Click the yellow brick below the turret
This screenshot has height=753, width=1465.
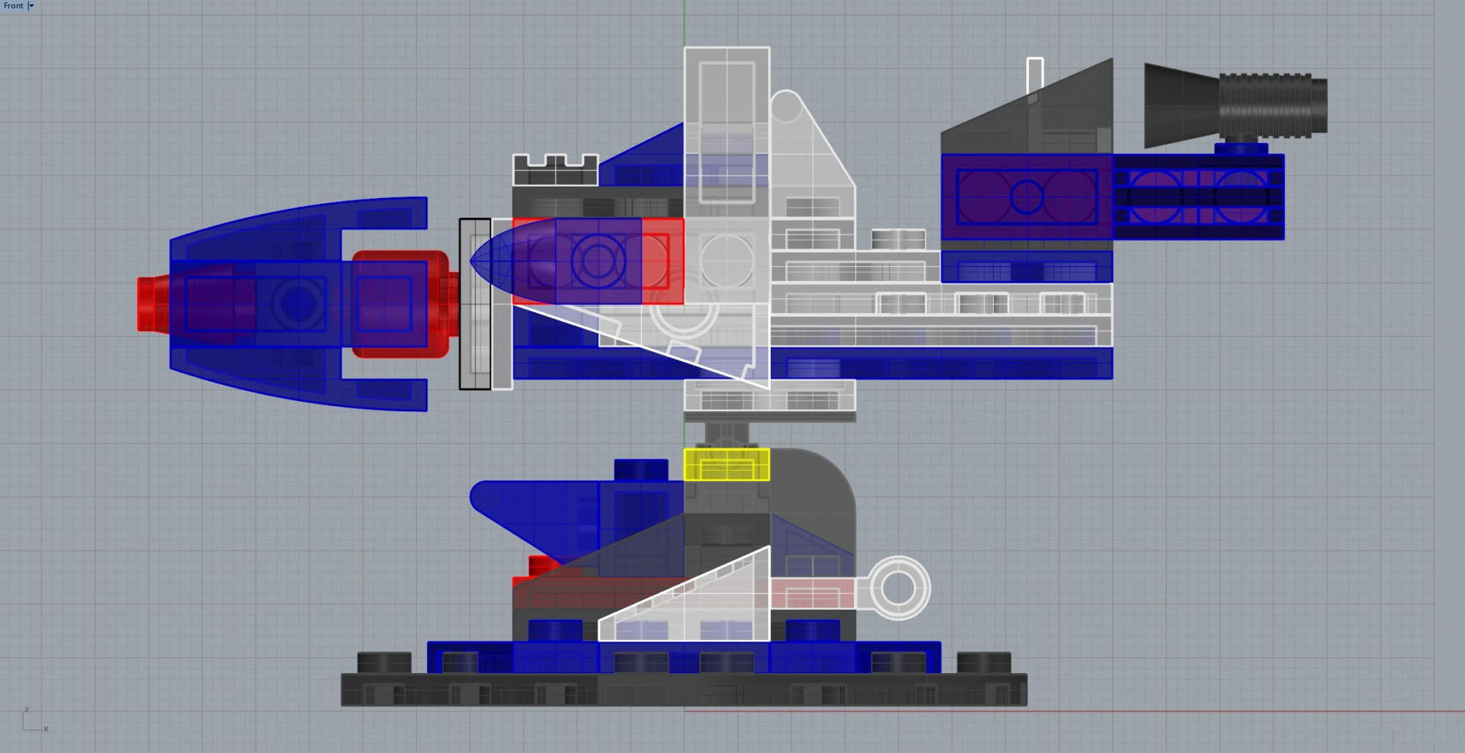pos(726,465)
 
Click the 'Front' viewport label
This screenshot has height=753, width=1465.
pos(13,6)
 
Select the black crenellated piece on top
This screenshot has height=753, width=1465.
pos(555,170)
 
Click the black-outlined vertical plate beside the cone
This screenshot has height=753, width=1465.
pos(475,304)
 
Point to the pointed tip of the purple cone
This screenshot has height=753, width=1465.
pos(473,261)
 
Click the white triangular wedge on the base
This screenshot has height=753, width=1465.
pos(704,605)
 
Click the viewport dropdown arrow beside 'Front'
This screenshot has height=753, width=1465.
pos(32,6)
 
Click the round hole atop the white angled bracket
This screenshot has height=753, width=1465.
pos(786,109)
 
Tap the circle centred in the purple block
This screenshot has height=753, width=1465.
pos(1027,196)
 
